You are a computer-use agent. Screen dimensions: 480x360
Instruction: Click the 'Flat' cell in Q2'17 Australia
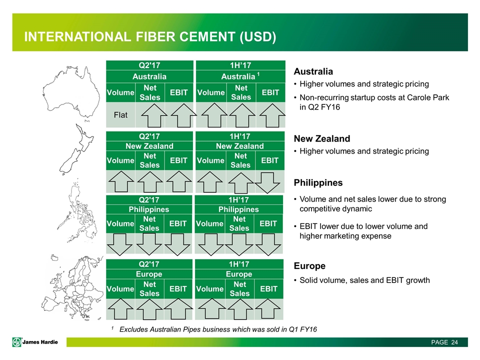pyautogui.click(x=120, y=115)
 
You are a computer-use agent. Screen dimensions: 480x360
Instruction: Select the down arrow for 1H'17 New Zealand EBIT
pyautogui.click(x=267, y=183)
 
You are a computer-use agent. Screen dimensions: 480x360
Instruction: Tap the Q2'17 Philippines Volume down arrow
pyautogui.click(x=119, y=244)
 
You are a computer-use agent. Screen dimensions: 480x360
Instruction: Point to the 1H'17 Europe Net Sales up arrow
pyautogui.click(x=240, y=309)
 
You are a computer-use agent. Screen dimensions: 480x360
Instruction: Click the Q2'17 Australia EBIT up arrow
pyautogui.click(x=183, y=115)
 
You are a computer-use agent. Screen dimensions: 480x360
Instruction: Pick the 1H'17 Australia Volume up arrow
pyautogui.click(x=214, y=115)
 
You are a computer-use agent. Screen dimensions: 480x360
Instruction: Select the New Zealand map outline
pyautogui.click(x=76, y=149)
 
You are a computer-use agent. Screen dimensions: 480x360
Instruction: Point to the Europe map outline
pyautogui.click(x=73, y=288)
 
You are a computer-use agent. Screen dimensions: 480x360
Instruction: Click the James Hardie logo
pyautogui.click(x=35, y=342)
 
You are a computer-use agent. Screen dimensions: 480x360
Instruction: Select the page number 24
pyautogui.click(x=454, y=342)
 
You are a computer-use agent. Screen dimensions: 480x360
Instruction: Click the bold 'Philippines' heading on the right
pyautogui.click(x=318, y=183)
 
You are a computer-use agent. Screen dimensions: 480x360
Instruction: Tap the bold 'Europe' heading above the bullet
pyautogui.click(x=309, y=265)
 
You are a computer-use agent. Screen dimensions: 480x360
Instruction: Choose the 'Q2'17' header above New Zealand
pyautogui.click(x=149, y=136)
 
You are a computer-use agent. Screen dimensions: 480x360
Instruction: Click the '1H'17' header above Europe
pyautogui.click(x=239, y=264)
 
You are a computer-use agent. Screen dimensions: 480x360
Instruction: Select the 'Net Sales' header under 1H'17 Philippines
pyautogui.click(x=239, y=224)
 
